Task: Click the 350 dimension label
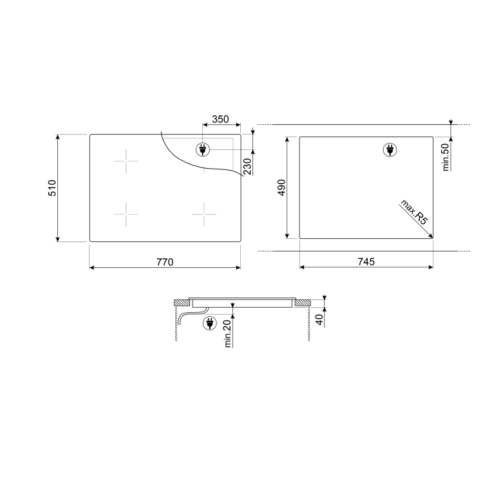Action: (x=220, y=119)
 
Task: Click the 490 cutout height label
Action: (x=281, y=187)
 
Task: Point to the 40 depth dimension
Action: (x=318, y=319)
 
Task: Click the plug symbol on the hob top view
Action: (x=202, y=150)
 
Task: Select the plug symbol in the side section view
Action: (x=209, y=323)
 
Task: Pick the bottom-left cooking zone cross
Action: (x=126, y=213)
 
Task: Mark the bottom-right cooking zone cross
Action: (x=204, y=213)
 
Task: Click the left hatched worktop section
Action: (x=182, y=302)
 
